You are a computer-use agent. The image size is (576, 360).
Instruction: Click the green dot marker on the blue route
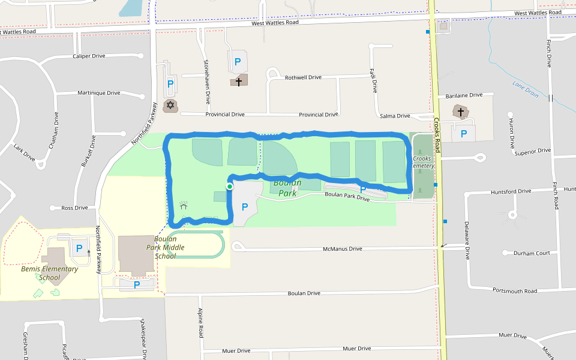[229, 187]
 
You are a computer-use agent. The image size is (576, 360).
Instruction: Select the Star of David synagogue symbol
[170, 106]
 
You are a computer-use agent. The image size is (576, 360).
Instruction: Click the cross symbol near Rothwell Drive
[238, 80]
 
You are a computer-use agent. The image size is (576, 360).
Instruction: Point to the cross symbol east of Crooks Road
[461, 112]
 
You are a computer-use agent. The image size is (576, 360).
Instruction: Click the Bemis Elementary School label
[50, 273]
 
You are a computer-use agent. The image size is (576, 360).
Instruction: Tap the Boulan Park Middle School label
[165, 247]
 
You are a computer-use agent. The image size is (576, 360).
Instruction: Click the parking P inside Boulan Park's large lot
[245, 207]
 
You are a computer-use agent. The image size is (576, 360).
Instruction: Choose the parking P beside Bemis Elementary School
[79, 248]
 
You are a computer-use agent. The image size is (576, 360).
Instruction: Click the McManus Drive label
[343, 248]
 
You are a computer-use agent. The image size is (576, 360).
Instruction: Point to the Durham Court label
[532, 253]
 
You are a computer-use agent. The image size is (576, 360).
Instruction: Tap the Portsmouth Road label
[515, 291]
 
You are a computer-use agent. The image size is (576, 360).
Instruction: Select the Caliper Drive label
[89, 56]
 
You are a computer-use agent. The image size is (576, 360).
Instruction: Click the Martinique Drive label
[99, 93]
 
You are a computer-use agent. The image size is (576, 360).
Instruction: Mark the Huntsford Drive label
[511, 191]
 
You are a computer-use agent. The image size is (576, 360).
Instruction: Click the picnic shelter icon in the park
[184, 207]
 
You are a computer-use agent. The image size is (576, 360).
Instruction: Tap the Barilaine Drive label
[464, 95]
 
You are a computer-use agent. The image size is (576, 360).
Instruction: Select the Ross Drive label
[75, 208]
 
